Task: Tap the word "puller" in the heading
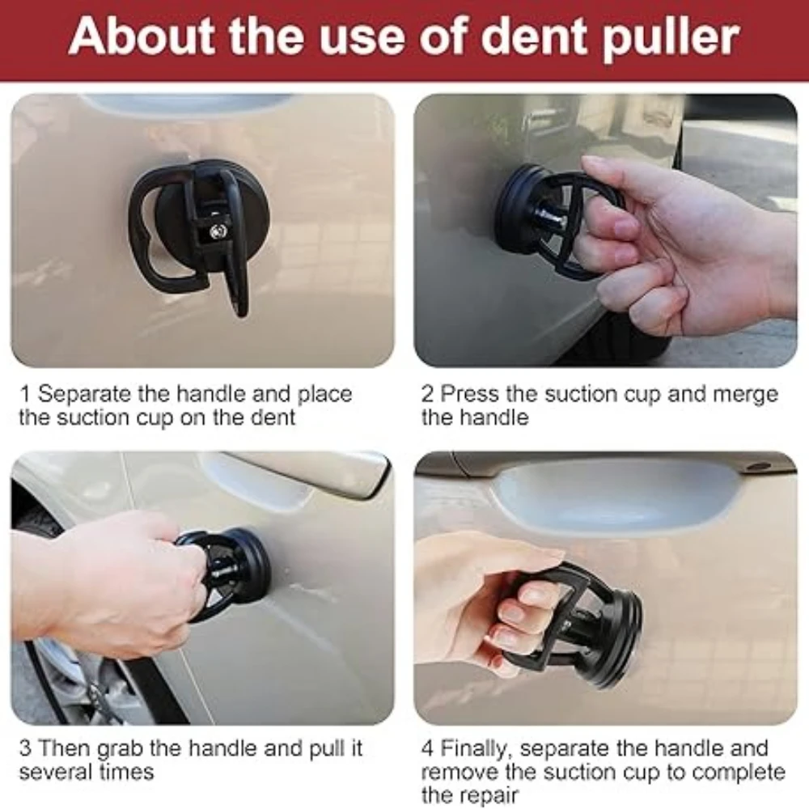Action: coord(671,39)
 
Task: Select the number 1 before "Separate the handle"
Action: coord(24,394)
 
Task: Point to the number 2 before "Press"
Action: coord(428,394)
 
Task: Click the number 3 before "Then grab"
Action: coord(26,748)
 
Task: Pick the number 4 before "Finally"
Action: coord(428,748)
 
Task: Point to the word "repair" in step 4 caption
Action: coord(488,796)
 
